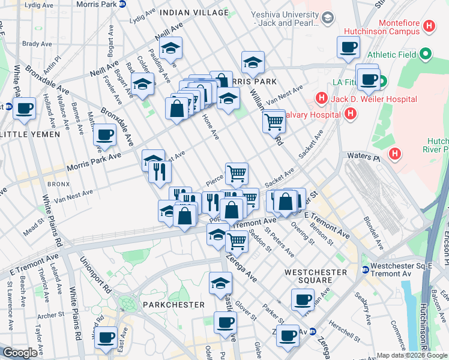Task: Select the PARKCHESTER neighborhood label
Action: click(x=175, y=305)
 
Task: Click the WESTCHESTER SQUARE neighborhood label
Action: click(x=316, y=276)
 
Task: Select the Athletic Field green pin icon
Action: click(x=426, y=54)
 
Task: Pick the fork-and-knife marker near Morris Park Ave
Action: click(x=160, y=172)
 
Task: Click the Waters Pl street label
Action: click(x=363, y=156)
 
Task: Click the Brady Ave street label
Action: click(x=37, y=44)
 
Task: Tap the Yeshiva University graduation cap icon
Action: click(x=327, y=18)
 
